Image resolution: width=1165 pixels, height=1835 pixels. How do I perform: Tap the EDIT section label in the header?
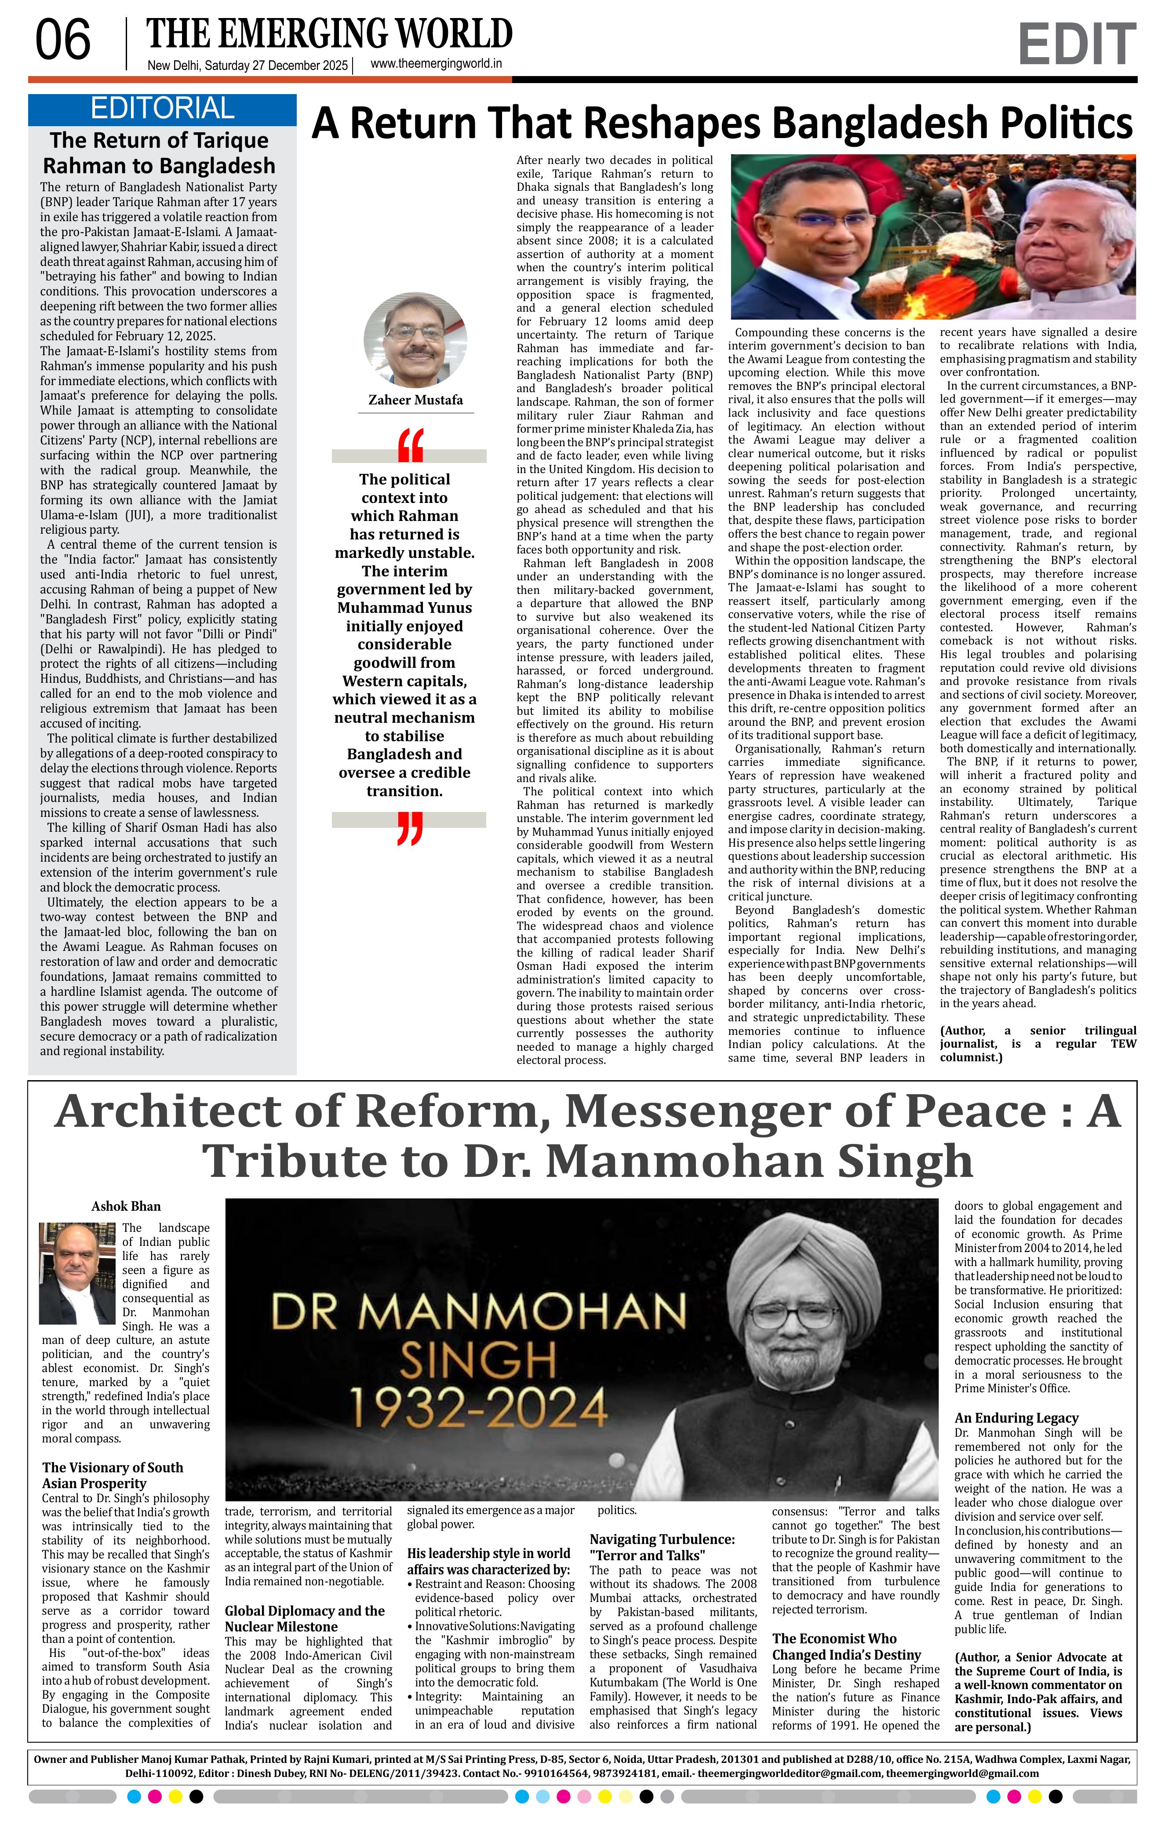pyautogui.click(x=1076, y=45)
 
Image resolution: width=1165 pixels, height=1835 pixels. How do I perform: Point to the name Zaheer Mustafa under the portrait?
pyautogui.click(x=415, y=400)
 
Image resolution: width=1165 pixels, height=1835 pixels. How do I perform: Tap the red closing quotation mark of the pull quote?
pyautogui.click(x=409, y=829)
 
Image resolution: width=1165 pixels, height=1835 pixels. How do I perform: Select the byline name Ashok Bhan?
pyautogui.click(x=126, y=1206)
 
